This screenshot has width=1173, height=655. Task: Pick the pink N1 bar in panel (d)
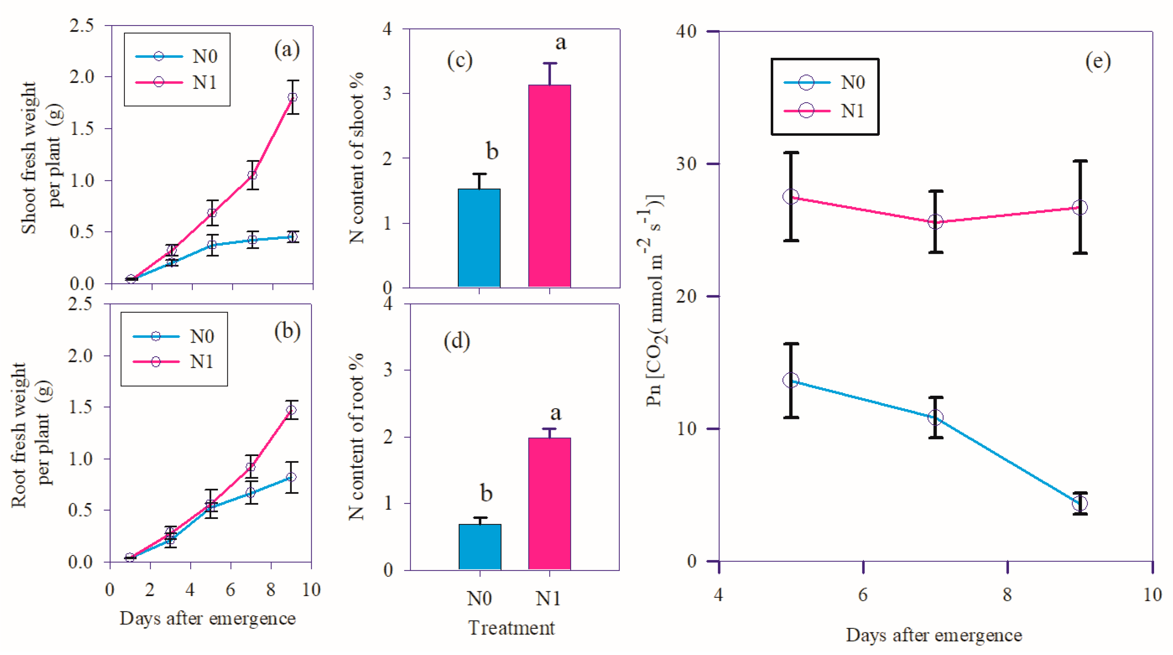[x=549, y=503]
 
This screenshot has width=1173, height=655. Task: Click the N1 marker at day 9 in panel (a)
[x=293, y=97]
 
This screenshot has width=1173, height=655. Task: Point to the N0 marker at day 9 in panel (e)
[x=1080, y=503]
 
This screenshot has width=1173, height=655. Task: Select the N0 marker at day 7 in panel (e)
[x=935, y=418]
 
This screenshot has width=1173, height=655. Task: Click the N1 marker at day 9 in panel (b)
[x=291, y=410]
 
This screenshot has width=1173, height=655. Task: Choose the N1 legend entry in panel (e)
[x=824, y=111]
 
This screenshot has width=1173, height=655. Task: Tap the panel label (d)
[x=457, y=341]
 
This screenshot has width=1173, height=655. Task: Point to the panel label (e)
[x=1098, y=61]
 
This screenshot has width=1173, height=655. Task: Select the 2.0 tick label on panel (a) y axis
[x=82, y=76]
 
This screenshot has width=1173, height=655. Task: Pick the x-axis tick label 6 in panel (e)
[x=863, y=595]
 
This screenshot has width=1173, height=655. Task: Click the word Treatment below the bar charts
[x=511, y=628]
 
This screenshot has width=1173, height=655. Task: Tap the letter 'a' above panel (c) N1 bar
[x=560, y=43]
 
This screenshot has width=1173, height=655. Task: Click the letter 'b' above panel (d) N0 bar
[x=486, y=492]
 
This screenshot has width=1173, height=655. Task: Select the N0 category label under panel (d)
[x=479, y=598]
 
